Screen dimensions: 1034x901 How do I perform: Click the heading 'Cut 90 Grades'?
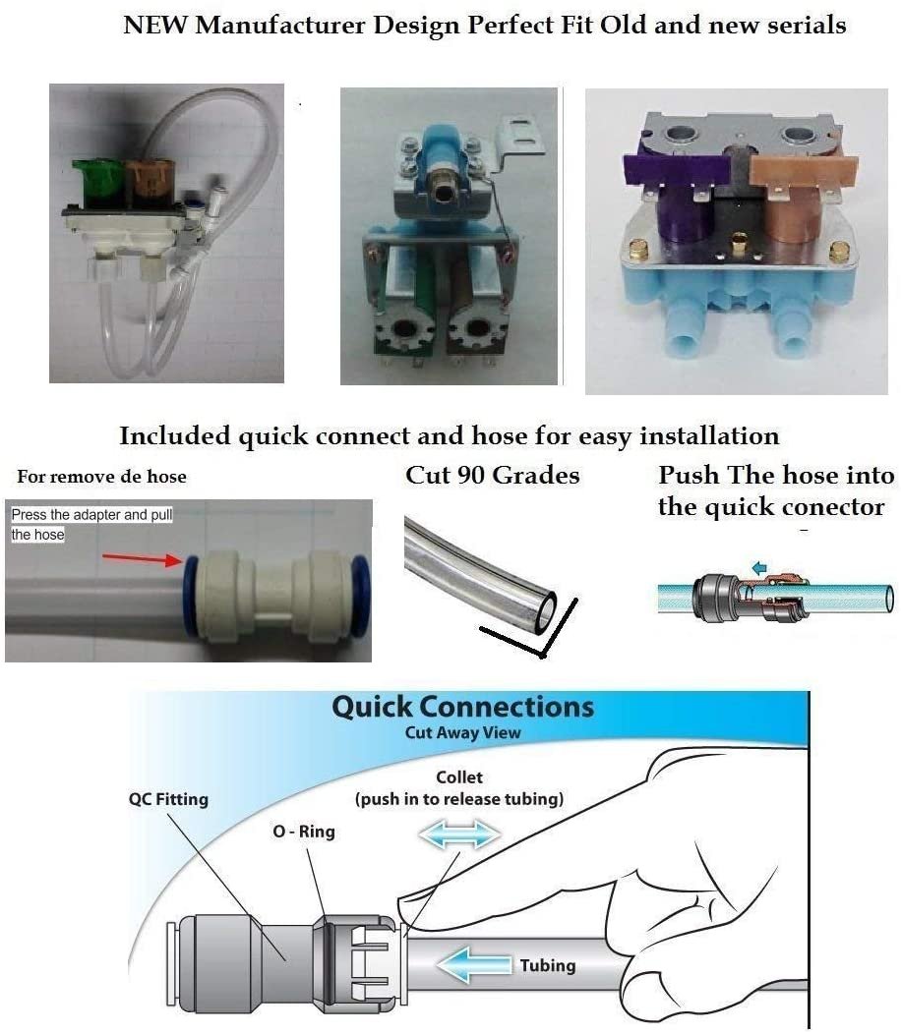492,476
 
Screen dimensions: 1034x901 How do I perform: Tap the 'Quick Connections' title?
462,708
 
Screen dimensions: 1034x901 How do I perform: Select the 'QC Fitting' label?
168,799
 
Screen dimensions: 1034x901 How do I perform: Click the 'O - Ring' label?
303,832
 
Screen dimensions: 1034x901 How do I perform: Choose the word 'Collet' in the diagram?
459,777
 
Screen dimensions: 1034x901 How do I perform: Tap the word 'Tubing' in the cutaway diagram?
548,965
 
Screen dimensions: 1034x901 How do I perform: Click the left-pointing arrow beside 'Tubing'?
473,965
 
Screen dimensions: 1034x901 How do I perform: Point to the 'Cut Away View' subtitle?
462,733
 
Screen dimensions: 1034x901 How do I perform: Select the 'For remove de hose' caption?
101,477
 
